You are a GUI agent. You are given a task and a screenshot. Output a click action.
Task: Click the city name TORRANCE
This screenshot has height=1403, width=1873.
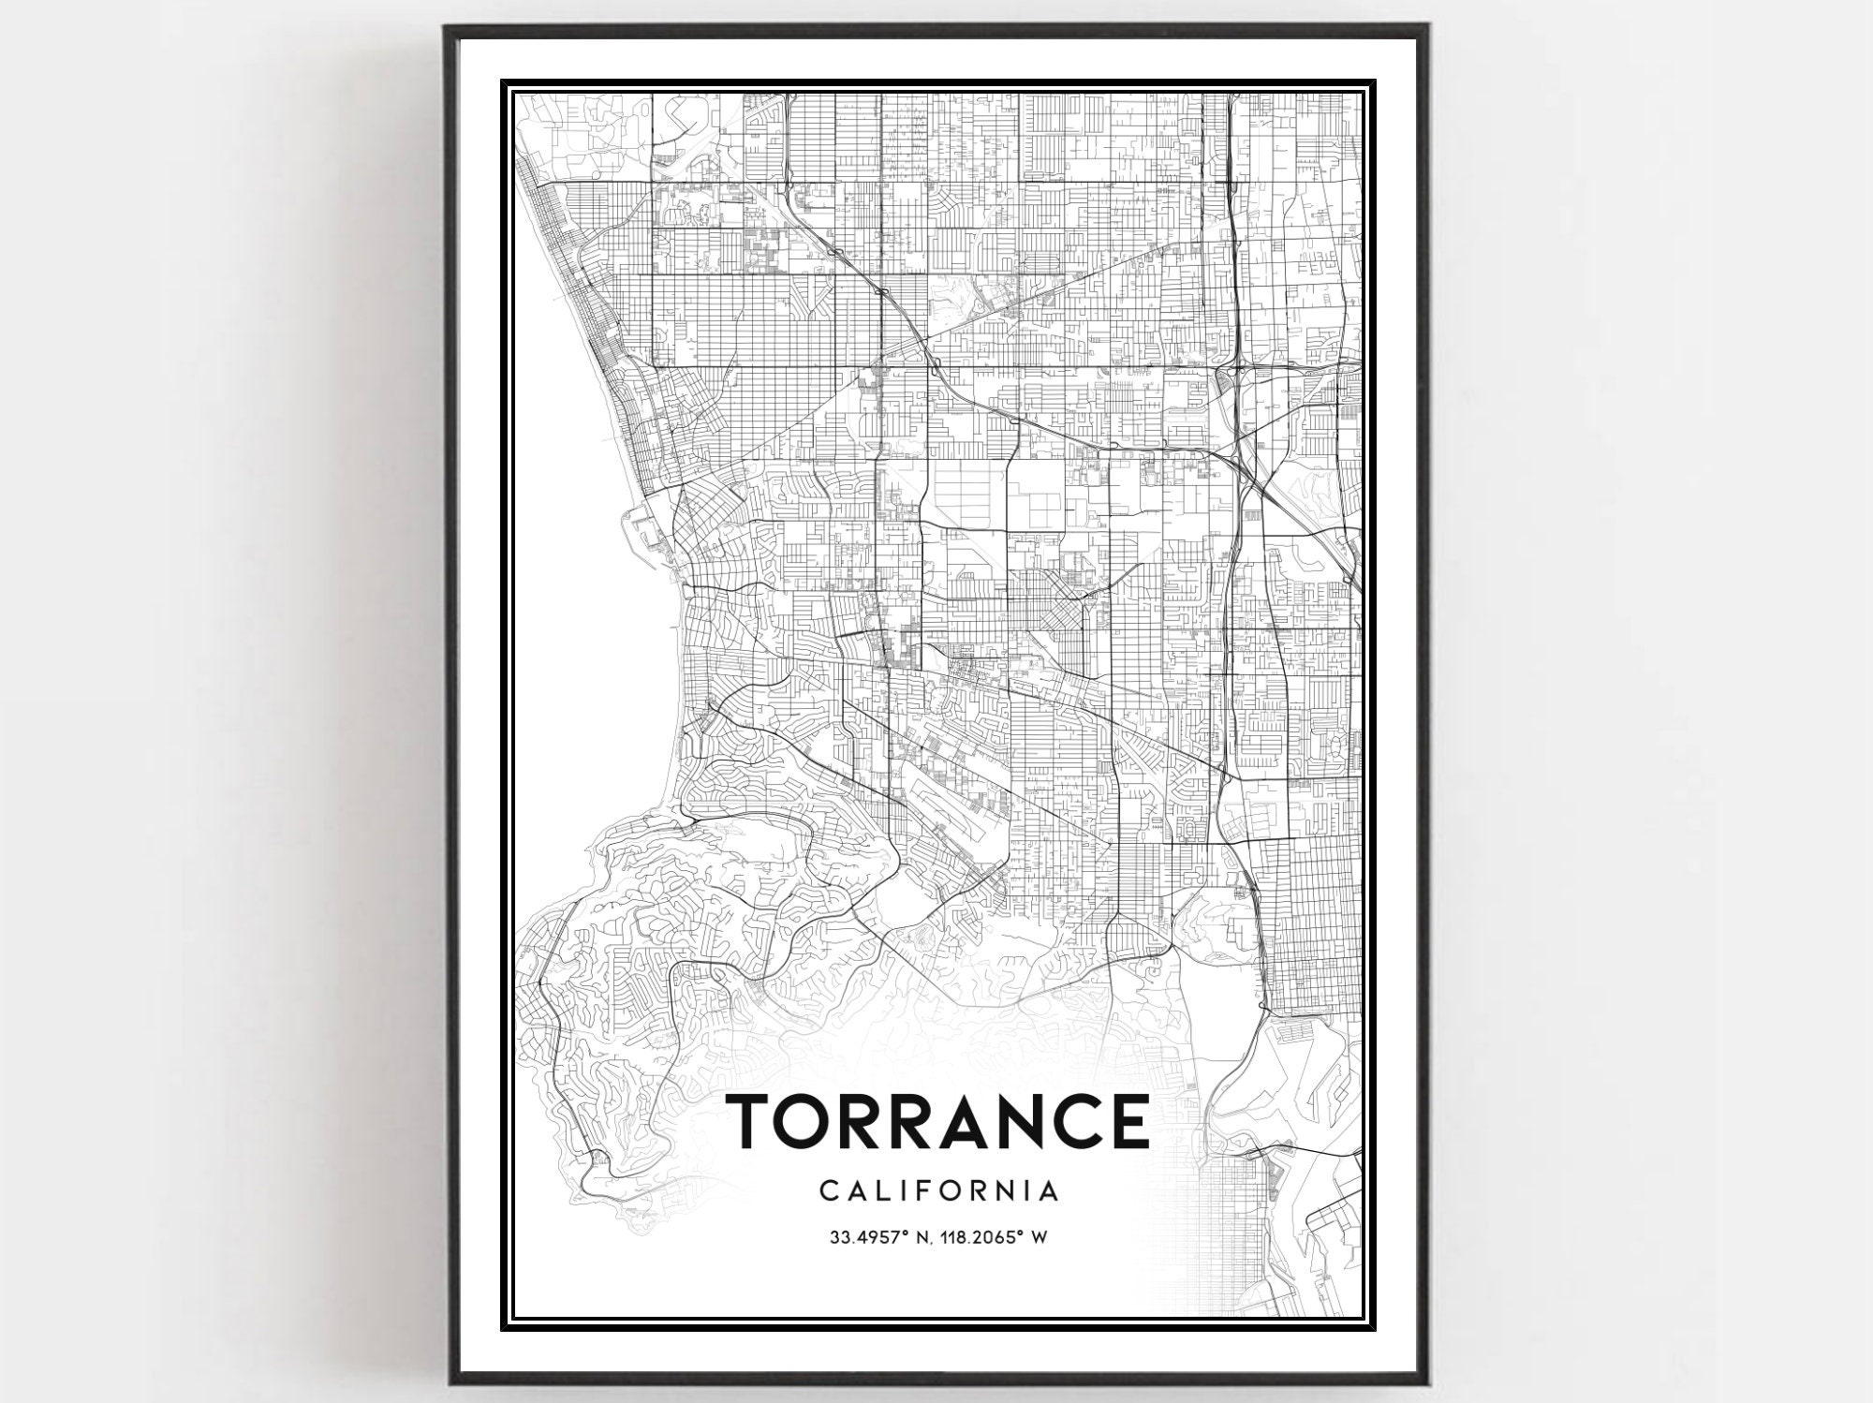[938, 1120]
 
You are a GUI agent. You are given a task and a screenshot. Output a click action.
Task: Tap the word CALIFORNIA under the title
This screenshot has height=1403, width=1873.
[939, 1192]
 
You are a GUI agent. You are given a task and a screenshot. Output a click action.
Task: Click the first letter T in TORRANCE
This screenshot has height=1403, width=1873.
[755, 1120]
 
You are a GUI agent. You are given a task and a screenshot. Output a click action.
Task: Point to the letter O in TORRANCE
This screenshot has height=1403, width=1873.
[810, 1120]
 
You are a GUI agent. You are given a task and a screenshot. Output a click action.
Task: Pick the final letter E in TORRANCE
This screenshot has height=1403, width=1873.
[1129, 1120]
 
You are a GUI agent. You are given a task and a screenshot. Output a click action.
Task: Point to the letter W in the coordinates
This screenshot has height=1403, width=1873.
[1038, 1238]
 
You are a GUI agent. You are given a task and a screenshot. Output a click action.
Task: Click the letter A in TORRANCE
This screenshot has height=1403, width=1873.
[956, 1120]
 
